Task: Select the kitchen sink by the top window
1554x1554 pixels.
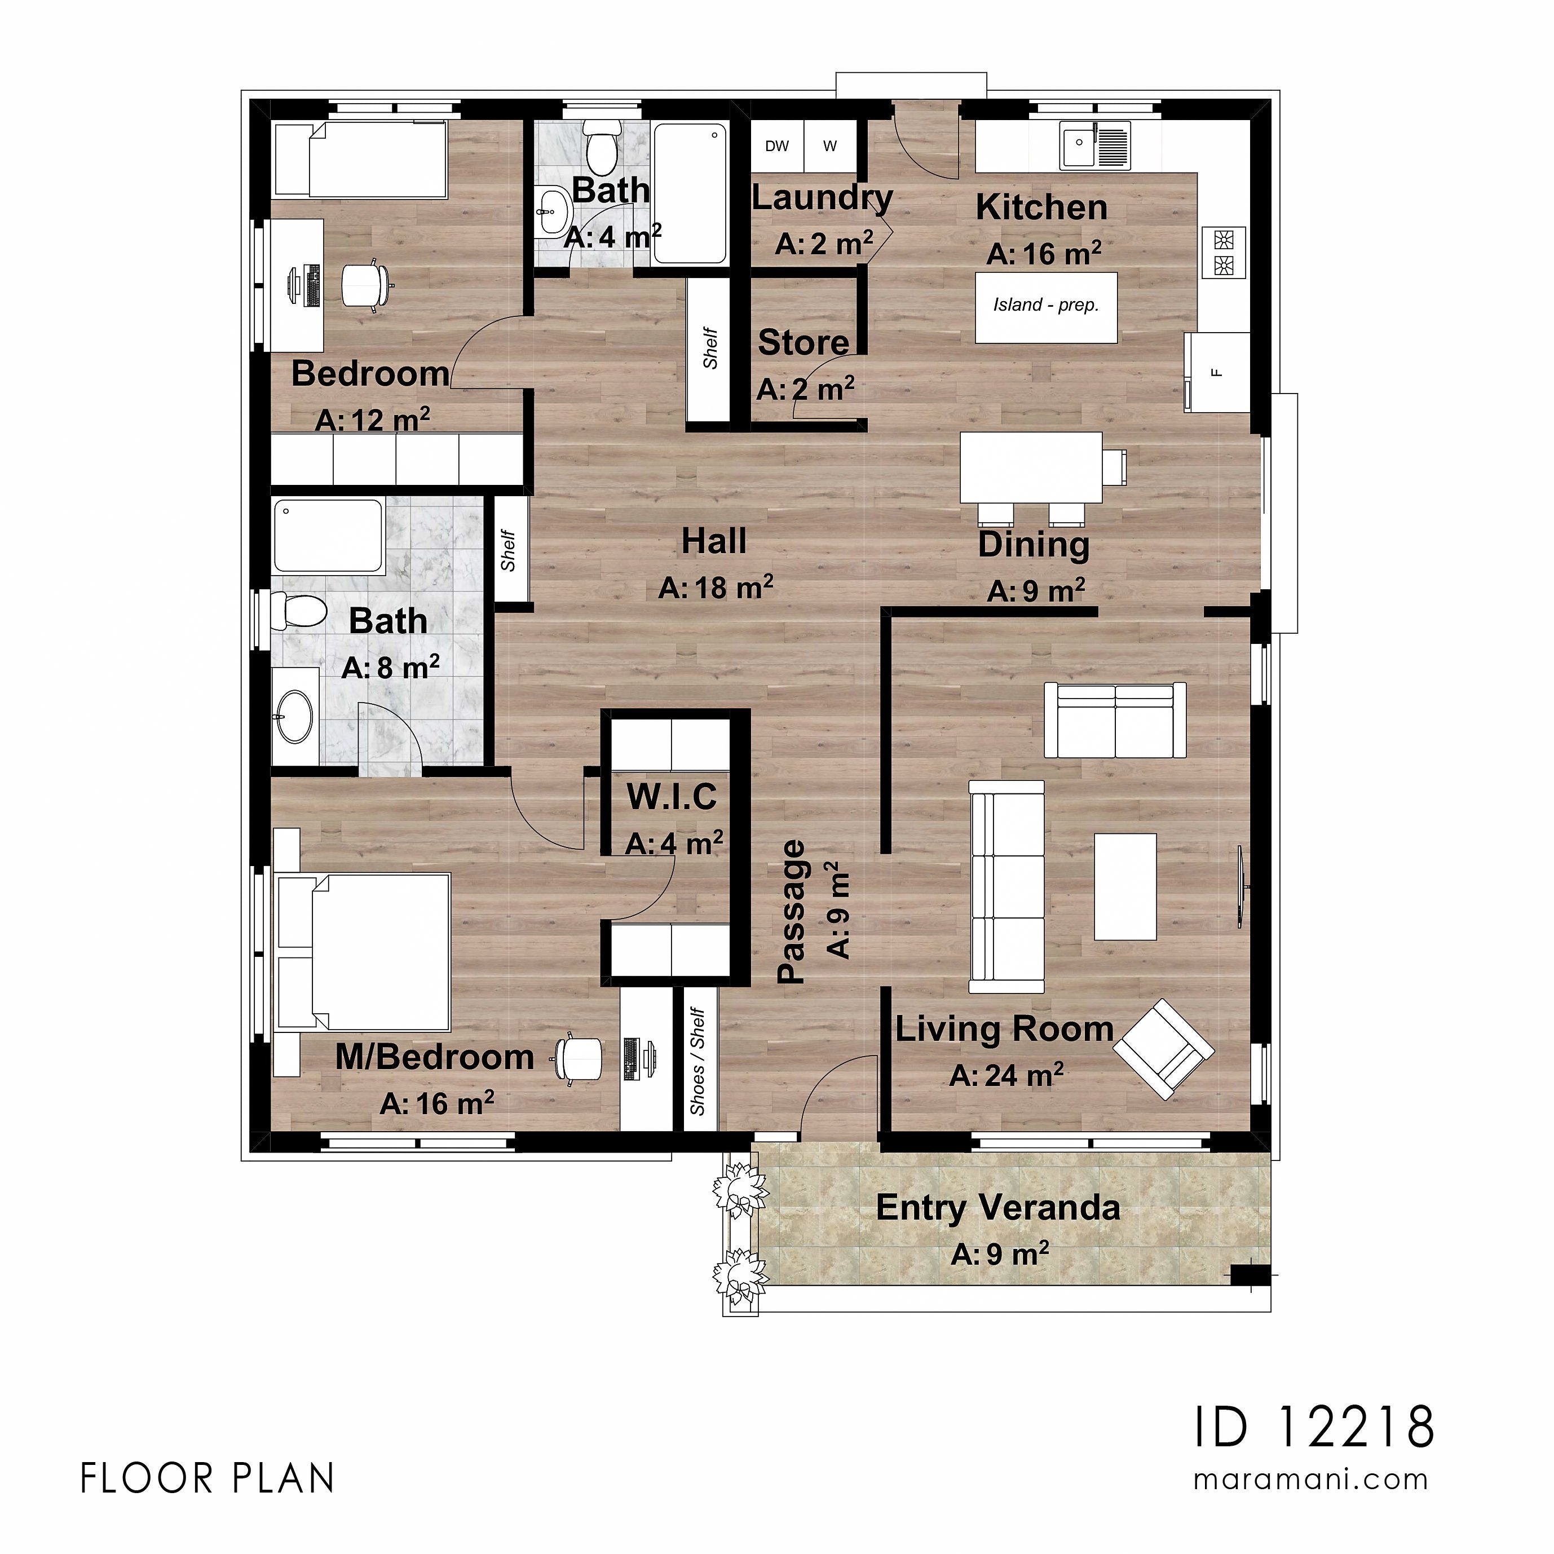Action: coord(1094,145)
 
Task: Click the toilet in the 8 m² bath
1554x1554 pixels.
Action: coord(298,611)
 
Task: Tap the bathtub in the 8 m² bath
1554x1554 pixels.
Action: coord(328,536)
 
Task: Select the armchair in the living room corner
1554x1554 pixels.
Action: coord(1163,1048)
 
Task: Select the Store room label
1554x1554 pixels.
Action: coord(803,343)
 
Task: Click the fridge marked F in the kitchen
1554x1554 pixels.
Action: coord(1216,372)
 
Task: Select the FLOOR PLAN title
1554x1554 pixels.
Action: coord(208,1478)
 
